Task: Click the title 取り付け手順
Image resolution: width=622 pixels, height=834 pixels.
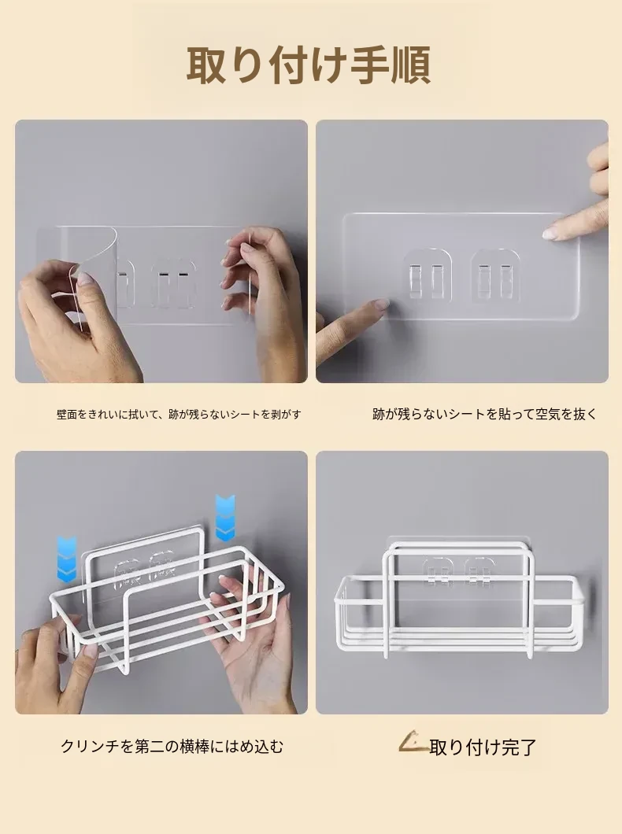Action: point(309,65)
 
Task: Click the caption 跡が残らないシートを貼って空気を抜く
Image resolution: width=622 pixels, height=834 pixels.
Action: point(485,414)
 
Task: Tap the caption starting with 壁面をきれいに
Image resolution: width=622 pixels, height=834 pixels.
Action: point(179,414)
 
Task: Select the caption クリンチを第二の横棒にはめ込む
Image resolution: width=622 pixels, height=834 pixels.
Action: point(172,746)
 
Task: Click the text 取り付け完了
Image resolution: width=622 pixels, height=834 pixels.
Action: point(483,747)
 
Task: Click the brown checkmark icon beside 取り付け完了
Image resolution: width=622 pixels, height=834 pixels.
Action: point(413,742)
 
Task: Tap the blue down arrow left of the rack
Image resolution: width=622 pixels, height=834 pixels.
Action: point(66,559)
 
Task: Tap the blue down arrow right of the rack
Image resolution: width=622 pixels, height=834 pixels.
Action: point(225,518)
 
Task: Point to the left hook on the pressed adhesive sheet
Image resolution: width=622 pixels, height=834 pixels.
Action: point(427,275)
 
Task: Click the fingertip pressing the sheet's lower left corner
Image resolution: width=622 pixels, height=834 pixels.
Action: point(379,304)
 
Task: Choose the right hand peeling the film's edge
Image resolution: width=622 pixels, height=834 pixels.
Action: point(261,298)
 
